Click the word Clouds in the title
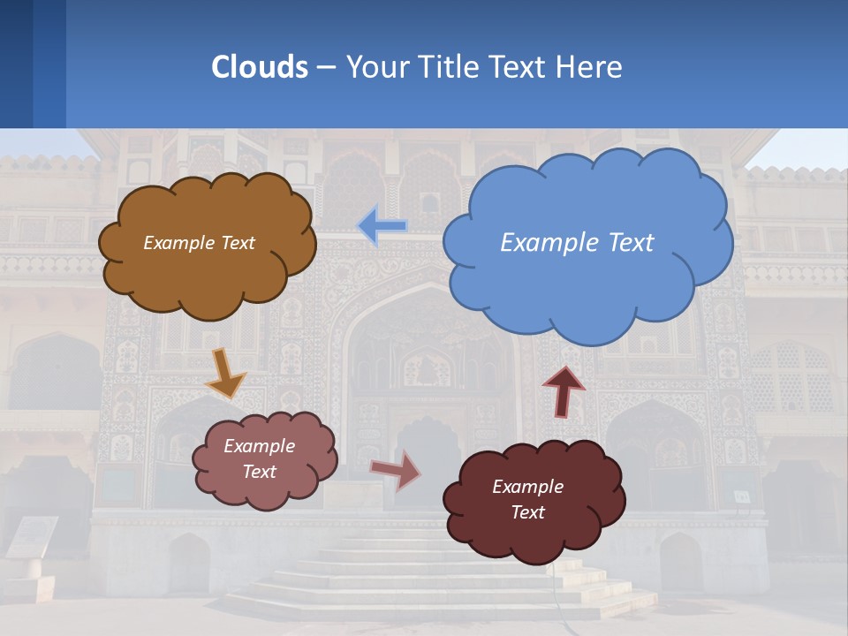260,66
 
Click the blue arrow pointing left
382,226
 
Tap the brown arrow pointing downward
225,373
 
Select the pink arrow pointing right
396,470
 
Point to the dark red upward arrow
564,390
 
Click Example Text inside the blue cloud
577,242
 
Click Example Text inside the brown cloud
199,242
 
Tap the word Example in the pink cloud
259,446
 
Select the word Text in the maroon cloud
527,512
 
